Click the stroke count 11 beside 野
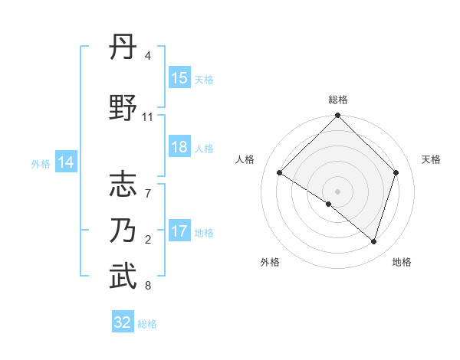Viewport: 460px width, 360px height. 147,117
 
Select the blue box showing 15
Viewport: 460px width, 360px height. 179,78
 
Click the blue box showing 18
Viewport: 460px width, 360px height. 179,148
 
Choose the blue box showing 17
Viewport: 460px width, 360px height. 179,231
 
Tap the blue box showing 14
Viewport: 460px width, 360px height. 65,162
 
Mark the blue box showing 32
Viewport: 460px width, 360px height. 123,322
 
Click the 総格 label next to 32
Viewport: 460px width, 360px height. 147,324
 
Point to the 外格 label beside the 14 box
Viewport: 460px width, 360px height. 41,163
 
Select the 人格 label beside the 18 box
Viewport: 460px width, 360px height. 204,149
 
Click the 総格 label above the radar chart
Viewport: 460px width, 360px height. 337,100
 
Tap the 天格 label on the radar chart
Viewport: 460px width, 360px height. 432,159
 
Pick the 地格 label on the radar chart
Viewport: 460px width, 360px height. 402,262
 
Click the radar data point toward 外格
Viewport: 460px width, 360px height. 329,205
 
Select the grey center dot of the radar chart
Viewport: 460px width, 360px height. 337,191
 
